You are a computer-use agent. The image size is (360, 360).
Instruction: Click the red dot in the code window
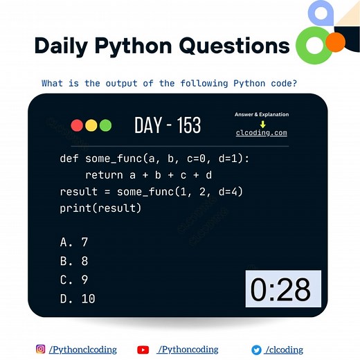tap(77, 125)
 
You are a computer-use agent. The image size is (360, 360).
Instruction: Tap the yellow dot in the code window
tap(91, 125)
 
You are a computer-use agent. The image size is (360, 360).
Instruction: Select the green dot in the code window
tap(105, 125)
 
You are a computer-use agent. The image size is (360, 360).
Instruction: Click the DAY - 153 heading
tap(168, 125)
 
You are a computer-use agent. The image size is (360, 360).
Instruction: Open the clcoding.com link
tap(261, 132)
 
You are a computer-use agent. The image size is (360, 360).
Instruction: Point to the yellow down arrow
tap(262, 123)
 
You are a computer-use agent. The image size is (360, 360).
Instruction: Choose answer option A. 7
tap(74, 242)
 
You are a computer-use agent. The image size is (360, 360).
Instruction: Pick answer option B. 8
tap(74, 261)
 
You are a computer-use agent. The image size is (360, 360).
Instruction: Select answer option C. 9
tap(74, 280)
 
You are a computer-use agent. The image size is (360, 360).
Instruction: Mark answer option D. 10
tap(78, 298)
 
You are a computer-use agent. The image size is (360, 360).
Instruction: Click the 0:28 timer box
tap(283, 289)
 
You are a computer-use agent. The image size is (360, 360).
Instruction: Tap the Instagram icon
tap(41, 350)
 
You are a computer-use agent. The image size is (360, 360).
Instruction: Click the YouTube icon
tap(143, 350)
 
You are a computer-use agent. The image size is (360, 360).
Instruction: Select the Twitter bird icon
tap(256, 350)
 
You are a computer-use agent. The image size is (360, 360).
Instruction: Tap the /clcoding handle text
tap(284, 350)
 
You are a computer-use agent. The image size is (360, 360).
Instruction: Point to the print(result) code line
tap(100, 208)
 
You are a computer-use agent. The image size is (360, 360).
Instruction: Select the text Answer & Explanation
tap(262, 114)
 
